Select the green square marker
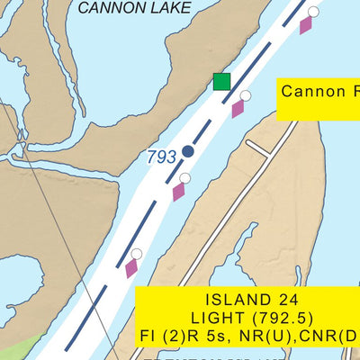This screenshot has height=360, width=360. [221, 82]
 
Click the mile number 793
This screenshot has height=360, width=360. [161, 157]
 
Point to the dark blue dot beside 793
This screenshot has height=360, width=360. [188, 151]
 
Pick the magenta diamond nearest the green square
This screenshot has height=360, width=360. [238, 109]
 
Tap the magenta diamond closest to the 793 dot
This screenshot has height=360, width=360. [178, 191]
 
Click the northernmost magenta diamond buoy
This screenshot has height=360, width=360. [306, 24]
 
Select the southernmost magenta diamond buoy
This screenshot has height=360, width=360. [131, 267]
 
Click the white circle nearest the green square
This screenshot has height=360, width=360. [245, 95]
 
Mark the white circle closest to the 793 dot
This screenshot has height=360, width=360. [184, 177]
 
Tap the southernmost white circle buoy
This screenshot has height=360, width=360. [137, 254]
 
